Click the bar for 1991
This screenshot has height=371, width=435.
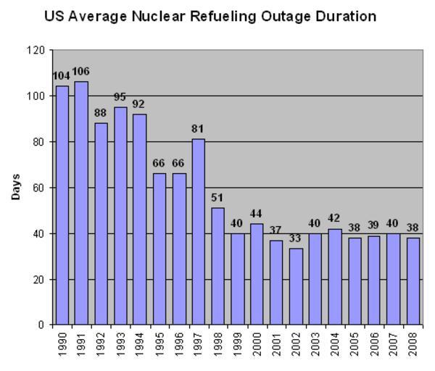(x=82, y=203)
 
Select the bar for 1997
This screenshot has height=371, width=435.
(x=199, y=232)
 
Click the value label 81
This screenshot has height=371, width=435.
(x=199, y=129)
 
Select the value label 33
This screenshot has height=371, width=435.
(x=296, y=239)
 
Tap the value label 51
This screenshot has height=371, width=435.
(x=218, y=198)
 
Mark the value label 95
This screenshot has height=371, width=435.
(x=120, y=96)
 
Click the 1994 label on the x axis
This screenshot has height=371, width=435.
(x=140, y=342)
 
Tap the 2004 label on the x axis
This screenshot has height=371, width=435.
(x=335, y=342)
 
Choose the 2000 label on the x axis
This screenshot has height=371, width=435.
(x=257, y=342)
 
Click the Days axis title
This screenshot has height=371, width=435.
(x=16, y=187)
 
